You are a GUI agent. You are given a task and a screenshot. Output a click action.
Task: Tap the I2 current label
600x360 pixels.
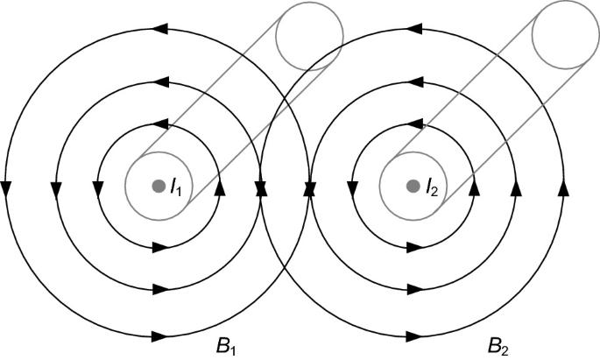pos(432,186)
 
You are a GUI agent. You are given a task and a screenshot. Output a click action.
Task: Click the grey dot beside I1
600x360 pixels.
pos(158,186)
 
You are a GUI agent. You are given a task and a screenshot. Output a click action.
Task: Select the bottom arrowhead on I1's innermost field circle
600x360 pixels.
pos(159,248)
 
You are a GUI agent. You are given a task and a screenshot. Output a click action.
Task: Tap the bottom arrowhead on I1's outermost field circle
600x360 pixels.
pos(159,335)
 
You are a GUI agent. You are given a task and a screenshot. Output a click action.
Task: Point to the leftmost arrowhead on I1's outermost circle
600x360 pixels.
pos(6,187)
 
